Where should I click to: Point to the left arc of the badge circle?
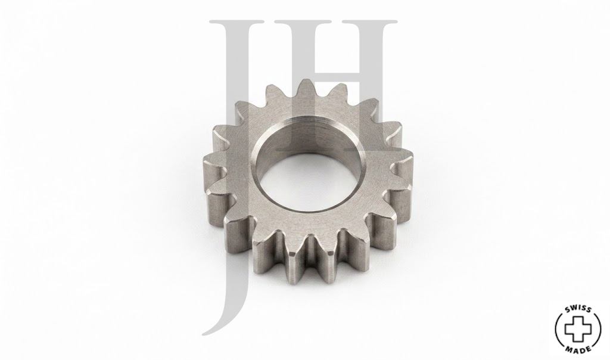point(557,329)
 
